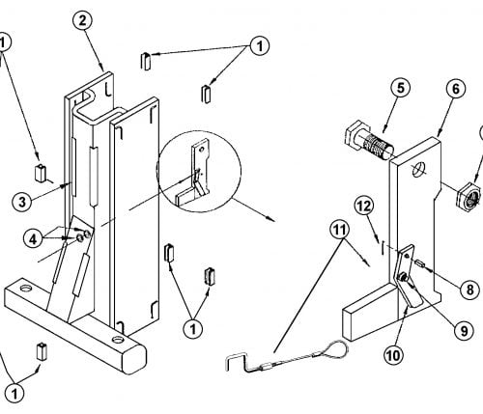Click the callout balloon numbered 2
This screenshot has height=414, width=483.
pos(82,21)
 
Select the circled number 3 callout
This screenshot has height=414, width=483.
pos(22,202)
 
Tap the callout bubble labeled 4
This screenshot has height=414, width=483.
pos(33,239)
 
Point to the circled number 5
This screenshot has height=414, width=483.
pos(400,88)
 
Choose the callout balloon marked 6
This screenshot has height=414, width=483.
pos(456,89)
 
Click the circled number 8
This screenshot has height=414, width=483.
pos(470,290)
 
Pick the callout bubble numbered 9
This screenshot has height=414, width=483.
pos(464,330)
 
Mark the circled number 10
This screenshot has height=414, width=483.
pos(394,355)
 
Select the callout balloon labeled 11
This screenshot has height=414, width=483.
pos(340,230)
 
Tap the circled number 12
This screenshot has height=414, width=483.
pos(364,207)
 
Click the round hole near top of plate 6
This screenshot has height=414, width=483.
pos(419,169)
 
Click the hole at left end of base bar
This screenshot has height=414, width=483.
pos(25,288)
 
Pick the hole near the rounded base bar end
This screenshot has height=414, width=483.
pos(118,339)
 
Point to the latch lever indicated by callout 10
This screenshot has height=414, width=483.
pos(407,277)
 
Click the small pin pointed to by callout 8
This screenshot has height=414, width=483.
pos(420,263)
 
